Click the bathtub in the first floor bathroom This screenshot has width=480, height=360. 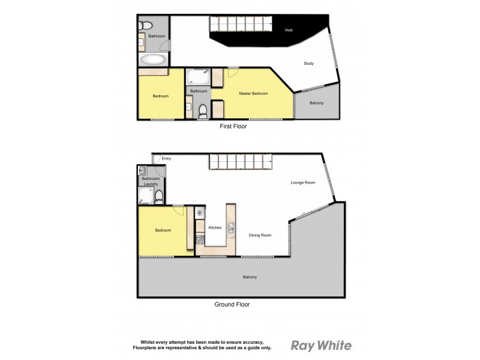tap(154, 59)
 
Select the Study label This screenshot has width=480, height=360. tap(308, 63)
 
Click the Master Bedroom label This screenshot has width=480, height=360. tap(253, 93)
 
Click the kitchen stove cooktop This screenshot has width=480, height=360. tap(200, 240)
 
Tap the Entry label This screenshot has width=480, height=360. tap(166, 158)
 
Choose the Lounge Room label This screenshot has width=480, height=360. tap(302, 182)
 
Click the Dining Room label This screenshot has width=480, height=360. tap(260, 235)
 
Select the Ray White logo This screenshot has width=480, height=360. tap(321, 345)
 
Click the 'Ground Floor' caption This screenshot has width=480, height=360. tap(232, 304)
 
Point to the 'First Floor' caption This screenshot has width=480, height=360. tap(233, 127)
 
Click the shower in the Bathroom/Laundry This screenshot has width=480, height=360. tap(145, 195)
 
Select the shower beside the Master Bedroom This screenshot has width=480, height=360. tap(197, 77)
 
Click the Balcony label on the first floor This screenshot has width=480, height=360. tap(316, 103)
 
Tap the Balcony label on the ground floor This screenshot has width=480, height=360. tap(250, 277)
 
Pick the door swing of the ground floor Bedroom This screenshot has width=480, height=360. tap(179, 211)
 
